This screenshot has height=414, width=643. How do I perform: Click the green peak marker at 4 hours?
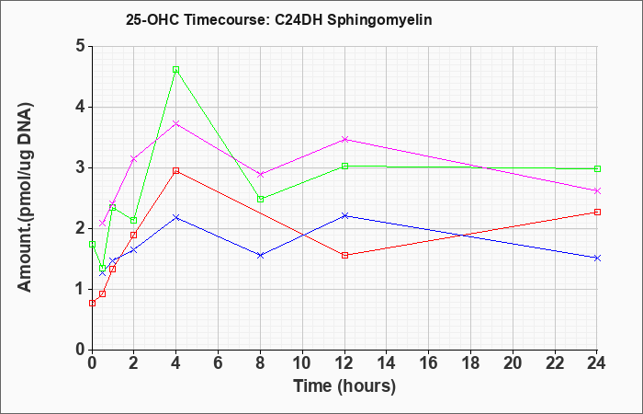[x=176, y=69]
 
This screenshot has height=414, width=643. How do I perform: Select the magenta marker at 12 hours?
[x=344, y=139]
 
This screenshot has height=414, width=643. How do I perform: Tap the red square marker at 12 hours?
[x=344, y=255]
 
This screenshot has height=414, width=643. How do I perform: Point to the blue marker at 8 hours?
[x=260, y=255]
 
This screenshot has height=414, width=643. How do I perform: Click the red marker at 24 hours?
[x=597, y=212]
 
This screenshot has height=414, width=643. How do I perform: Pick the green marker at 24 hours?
[x=597, y=168]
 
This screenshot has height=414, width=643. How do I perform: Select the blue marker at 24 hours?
[x=597, y=258]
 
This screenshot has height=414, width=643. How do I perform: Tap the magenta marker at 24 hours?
[x=597, y=190]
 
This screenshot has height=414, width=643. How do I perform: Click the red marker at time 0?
[x=92, y=303]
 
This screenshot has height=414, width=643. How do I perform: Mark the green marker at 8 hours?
[x=260, y=200]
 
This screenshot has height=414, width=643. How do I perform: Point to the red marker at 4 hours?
[x=176, y=170]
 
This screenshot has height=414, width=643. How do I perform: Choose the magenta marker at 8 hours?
[x=260, y=174]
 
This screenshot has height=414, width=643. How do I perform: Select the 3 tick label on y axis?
[x=80, y=167]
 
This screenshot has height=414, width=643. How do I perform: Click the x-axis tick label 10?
[x=302, y=363]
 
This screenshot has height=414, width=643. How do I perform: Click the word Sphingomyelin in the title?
[x=379, y=20]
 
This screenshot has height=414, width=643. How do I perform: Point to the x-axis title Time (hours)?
[x=344, y=386]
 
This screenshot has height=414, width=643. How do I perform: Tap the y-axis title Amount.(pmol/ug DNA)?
[x=26, y=198]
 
